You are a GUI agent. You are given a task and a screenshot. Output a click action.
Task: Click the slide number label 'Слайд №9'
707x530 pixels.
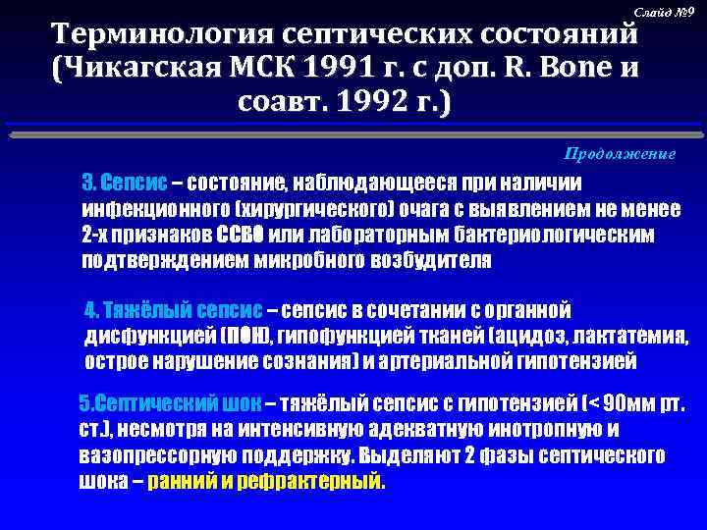pos(665,11)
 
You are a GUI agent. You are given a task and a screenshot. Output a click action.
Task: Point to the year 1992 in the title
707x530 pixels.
pos(369,103)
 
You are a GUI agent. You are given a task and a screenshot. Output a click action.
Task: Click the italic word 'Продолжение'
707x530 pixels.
pos(620,154)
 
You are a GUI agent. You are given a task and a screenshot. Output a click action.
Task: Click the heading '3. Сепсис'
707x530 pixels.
pos(124,185)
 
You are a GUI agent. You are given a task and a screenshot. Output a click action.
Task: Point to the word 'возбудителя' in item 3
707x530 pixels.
pos(433,262)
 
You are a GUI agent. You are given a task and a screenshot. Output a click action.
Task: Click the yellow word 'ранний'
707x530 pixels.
pos(180,483)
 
